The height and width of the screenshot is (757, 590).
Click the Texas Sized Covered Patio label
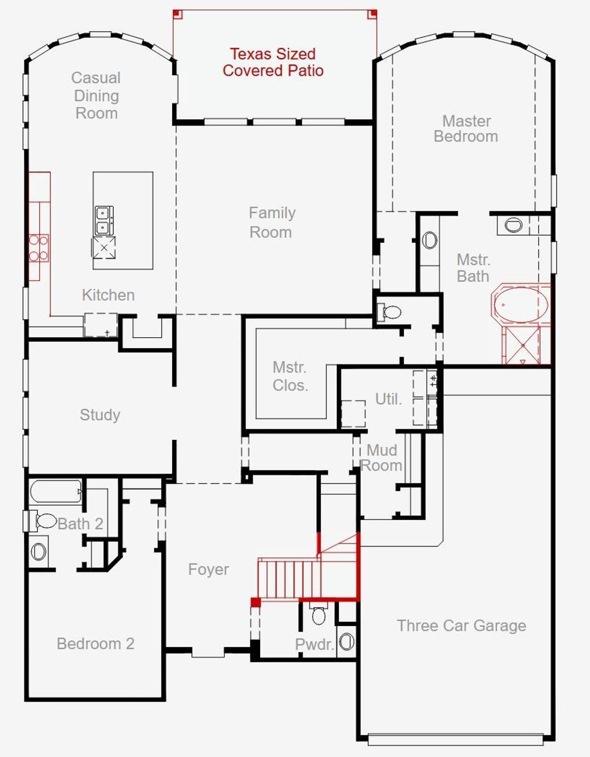273,62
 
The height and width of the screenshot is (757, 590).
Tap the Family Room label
271,222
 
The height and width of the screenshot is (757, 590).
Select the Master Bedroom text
466,129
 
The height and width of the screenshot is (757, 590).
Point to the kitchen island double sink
103,220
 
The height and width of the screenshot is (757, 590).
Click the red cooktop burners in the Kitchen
39,248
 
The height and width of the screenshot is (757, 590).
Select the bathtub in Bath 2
56,491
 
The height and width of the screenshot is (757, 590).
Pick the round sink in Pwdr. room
347,641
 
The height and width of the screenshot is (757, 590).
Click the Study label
100,415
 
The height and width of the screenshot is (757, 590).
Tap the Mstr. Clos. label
290,376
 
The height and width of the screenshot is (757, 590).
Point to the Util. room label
388,399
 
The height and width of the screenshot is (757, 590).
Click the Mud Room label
382,458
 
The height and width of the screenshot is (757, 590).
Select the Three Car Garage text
461,626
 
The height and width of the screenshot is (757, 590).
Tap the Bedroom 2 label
95,644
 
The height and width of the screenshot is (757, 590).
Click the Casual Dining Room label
96,95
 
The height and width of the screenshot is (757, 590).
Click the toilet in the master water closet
391,312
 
